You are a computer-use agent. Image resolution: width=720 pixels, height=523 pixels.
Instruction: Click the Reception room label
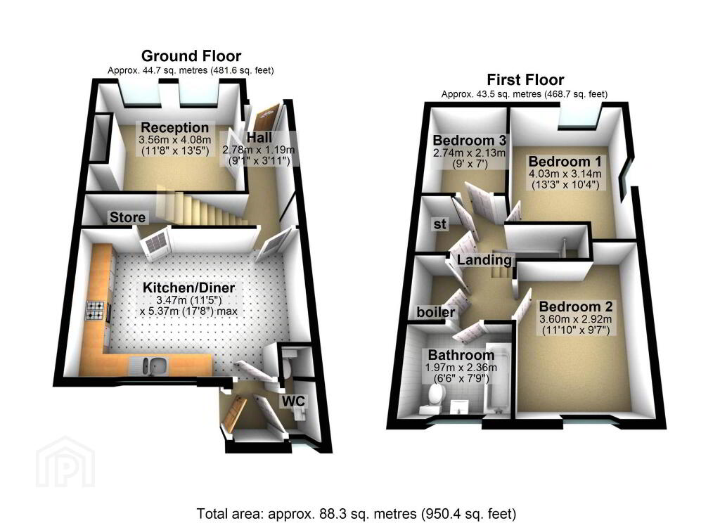click(x=175, y=128)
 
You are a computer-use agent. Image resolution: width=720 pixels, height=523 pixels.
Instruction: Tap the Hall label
click(x=259, y=137)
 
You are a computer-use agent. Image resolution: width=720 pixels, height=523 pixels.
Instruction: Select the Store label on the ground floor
click(x=127, y=217)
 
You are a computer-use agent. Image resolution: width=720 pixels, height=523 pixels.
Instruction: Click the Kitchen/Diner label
click(x=188, y=288)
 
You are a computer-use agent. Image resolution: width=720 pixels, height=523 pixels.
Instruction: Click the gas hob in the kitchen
click(x=95, y=310)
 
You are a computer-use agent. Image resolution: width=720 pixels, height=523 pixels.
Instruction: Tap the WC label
click(x=293, y=401)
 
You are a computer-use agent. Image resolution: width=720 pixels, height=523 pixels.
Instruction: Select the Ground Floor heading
click(x=191, y=56)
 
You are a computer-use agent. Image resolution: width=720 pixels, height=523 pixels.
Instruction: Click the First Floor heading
click(x=525, y=80)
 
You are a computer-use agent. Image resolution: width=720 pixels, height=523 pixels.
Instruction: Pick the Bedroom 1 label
click(x=565, y=162)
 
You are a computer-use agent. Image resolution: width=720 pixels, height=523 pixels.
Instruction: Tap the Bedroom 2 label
click(x=576, y=306)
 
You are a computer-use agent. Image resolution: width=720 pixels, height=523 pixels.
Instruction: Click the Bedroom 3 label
click(x=469, y=140)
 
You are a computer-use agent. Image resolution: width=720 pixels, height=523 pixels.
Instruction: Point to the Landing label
click(x=484, y=260)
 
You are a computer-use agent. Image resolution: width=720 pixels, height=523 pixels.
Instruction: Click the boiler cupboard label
click(x=436, y=312)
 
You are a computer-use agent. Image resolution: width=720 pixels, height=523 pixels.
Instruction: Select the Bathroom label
click(x=461, y=355)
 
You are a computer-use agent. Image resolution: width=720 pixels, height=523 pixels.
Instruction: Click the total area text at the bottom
click(x=356, y=513)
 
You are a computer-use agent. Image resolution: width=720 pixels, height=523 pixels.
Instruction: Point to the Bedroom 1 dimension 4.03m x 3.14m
click(x=565, y=174)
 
